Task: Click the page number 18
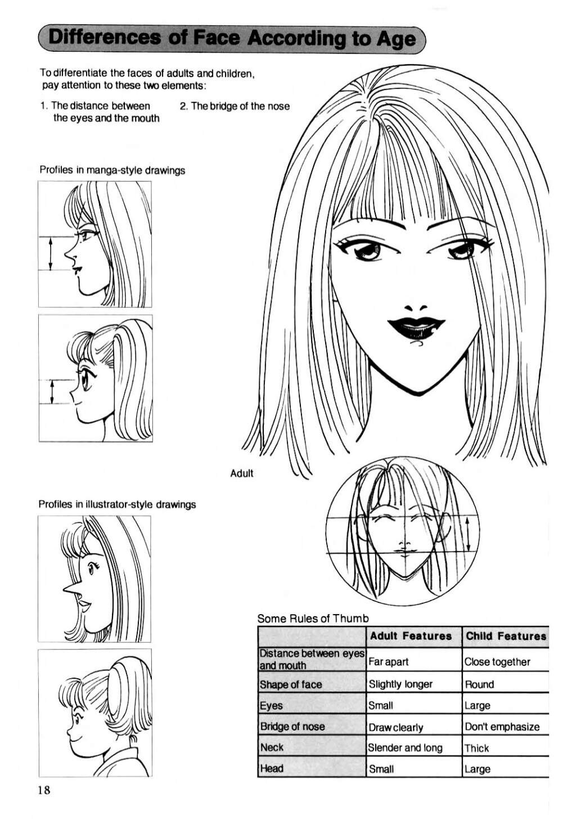(43, 790)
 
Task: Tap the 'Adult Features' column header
(411, 636)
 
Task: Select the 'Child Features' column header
(506, 636)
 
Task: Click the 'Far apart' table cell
(388, 661)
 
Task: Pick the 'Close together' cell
(497, 661)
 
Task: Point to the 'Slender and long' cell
(405, 748)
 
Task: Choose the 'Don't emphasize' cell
(502, 727)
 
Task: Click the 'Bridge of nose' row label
(292, 726)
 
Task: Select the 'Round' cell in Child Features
(479, 684)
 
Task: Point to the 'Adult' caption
(241, 473)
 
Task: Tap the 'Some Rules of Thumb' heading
(313, 618)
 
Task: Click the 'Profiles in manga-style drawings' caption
(112, 171)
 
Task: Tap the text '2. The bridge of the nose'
(235, 106)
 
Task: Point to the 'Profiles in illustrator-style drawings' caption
(117, 504)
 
